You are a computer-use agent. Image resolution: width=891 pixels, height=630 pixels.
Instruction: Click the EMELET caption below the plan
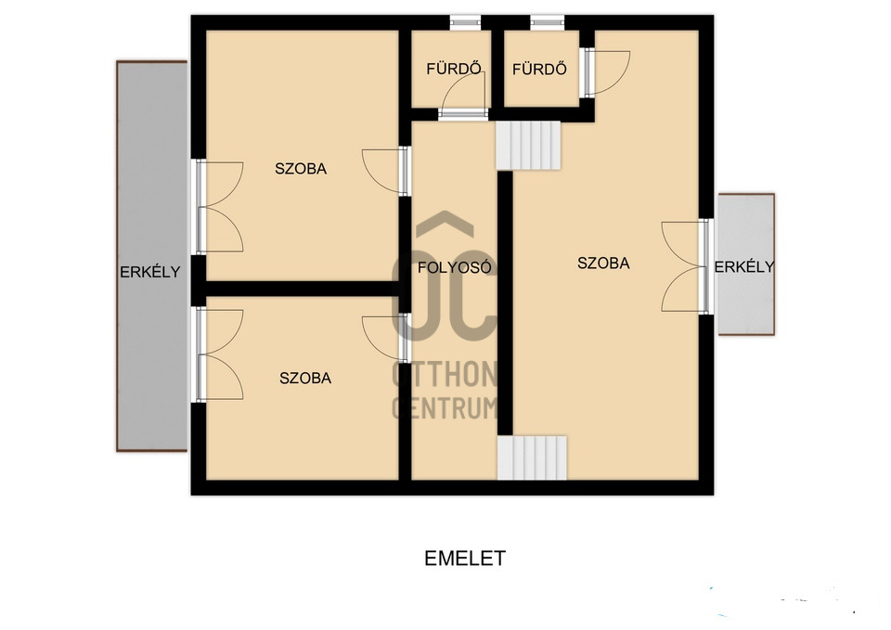coord(465,559)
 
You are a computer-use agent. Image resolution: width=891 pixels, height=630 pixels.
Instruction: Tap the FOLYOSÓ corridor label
coord(455,267)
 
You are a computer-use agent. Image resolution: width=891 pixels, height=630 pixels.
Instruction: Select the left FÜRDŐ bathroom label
coord(454,69)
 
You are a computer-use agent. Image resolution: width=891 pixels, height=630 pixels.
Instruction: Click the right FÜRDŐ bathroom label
coord(539,70)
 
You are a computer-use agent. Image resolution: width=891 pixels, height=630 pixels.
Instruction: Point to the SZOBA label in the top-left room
coord(301,169)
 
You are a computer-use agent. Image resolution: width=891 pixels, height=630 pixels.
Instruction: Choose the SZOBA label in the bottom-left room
coord(305,378)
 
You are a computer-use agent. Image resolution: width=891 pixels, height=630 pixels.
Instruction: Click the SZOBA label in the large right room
coord(603,263)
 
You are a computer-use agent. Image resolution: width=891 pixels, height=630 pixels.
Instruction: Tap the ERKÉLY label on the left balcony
coord(150,272)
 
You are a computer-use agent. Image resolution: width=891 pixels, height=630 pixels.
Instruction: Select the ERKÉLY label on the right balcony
coord(744,266)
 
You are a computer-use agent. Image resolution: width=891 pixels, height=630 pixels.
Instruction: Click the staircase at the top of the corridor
coord(528,146)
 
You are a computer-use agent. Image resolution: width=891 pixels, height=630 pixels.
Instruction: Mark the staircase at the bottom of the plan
coord(533,457)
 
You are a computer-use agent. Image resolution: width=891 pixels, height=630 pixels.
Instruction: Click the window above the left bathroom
coord(465,22)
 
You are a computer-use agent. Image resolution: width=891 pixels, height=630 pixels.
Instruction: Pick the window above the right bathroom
coord(548,22)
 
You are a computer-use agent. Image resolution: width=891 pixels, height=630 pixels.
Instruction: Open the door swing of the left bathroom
coord(464,96)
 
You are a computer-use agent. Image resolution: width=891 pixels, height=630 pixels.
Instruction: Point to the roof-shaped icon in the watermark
coord(445,225)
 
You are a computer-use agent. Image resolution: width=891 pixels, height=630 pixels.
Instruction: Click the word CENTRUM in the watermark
coord(445,408)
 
